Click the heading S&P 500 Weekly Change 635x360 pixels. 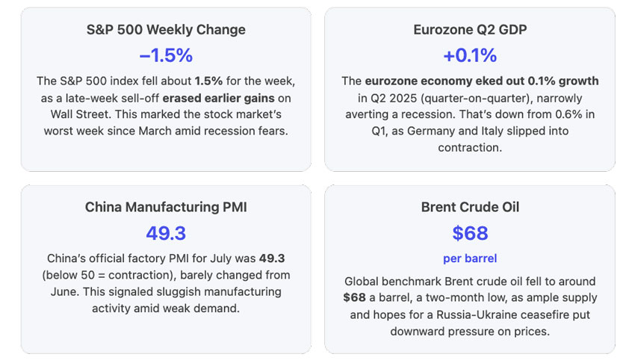[166, 30]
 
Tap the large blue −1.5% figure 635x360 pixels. [166, 55]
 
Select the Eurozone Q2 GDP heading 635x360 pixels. [469, 30]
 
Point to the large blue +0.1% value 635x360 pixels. [469, 55]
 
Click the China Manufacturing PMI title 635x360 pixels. [166, 207]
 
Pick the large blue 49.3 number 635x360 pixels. [166, 233]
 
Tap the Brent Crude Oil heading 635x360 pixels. [469, 207]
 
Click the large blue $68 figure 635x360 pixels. [469, 233]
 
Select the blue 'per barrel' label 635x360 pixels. [469, 258]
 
